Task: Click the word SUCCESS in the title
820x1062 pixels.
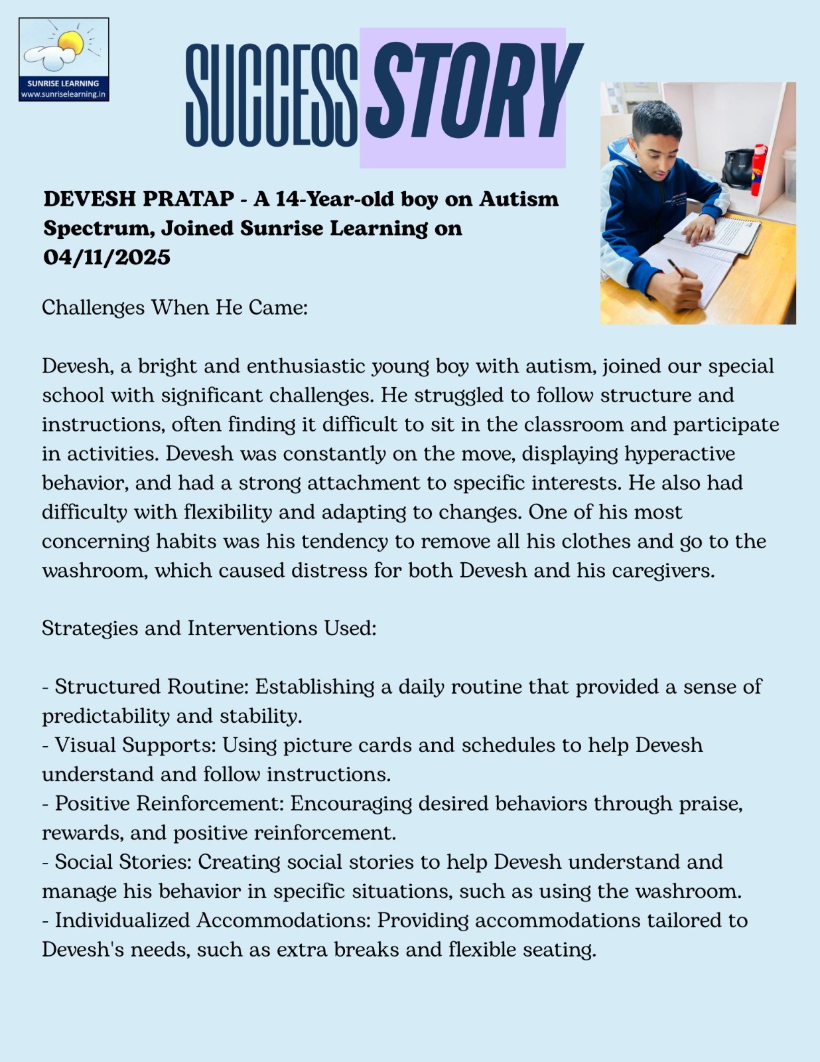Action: tap(271, 95)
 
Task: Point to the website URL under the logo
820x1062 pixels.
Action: tap(64, 94)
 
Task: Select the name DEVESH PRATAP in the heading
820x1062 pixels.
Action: tap(139, 199)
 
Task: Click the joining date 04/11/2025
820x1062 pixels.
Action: tap(107, 258)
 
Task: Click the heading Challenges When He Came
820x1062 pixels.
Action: tap(174, 308)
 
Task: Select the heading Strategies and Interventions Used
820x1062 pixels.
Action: tap(209, 629)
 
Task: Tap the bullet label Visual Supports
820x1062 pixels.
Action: tap(135, 745)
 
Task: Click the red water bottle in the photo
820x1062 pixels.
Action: tap(759, 171)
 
